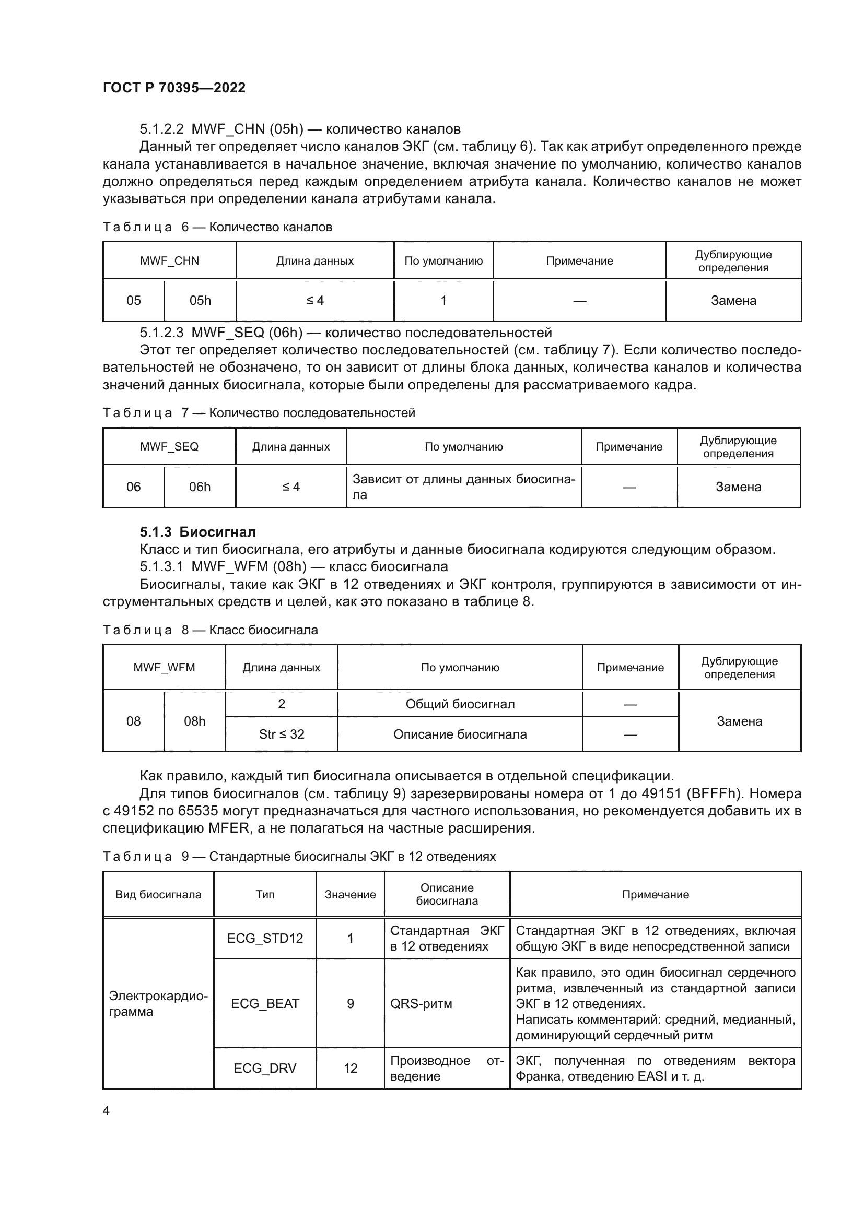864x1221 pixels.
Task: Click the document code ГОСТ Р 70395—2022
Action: click(x=174, y=88)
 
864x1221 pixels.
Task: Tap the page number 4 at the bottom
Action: click(x=106, y=1110)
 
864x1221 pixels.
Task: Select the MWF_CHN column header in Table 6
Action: click(x=169, y=261)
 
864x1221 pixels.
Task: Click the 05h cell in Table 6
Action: click(x=200, y=301)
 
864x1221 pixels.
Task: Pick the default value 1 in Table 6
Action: click(x=443, y=301)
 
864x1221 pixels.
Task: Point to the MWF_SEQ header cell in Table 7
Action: click(x=169, y=447)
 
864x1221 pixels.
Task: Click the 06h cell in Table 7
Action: click(x=200, y=487)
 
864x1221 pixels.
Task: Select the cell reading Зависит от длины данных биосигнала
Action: click(x=463, y=487)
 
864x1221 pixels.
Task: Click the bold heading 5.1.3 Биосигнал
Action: click(x=197, y=532)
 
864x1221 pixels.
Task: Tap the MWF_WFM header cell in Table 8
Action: click(x=164, y=668)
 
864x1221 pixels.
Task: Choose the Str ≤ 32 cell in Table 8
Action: click(x=282, y=734)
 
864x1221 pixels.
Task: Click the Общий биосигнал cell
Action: click(x=460, y=704)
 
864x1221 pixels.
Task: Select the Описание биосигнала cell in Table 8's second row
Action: click(x=460, y=734)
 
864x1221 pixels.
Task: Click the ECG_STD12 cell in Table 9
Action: click(x=265, y=938)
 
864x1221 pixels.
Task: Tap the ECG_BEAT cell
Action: click(x=265, y=1003)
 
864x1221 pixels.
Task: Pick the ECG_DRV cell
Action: click(x=265, y=1069)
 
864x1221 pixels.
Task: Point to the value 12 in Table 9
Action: click(x=350, y=1069)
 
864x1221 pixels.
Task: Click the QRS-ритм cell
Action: click(x=421, y=1003)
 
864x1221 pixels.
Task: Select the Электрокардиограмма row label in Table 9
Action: click(x=158, y=1003)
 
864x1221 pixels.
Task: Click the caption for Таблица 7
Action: click(x=259, y=413)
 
